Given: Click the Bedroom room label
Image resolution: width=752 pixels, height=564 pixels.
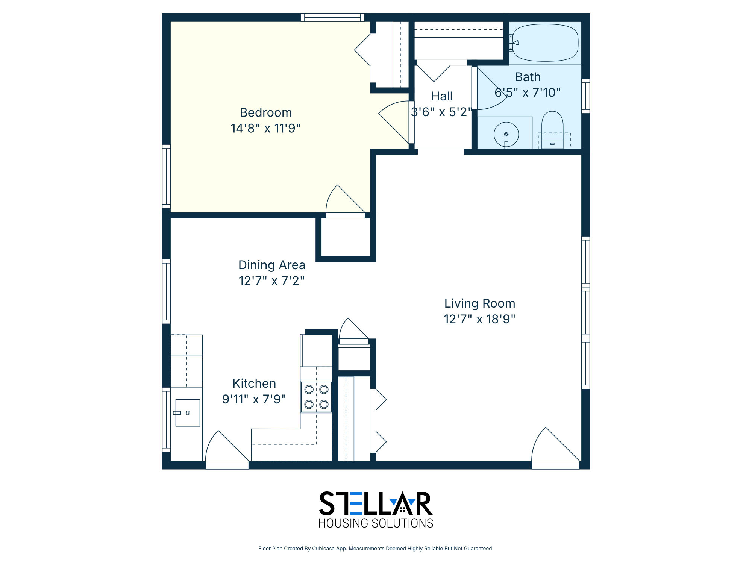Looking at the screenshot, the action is click(266, 112).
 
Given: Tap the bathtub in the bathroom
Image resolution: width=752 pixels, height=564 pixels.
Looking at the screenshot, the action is click(545, 43).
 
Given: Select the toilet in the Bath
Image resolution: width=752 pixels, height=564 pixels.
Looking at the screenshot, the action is click(552, 130).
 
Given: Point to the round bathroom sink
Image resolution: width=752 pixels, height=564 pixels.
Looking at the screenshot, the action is click(506, 134).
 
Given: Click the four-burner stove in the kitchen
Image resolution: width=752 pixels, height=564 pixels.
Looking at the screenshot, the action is click(316, 397).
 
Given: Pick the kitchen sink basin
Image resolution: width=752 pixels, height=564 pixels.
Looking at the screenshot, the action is click(188, 413).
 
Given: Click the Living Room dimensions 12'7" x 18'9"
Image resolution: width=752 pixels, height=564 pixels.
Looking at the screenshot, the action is click(479, 319).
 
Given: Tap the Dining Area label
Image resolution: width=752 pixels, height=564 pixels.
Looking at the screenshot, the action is click(272, 265).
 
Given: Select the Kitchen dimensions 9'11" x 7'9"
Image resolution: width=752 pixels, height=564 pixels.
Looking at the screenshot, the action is click(254, 399).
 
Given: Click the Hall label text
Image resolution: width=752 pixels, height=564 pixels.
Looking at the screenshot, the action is click(442, 96).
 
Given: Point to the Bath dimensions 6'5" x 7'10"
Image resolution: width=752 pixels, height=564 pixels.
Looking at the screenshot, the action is click(528, 92).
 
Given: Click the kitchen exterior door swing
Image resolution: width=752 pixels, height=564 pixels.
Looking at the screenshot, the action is click(227, 446).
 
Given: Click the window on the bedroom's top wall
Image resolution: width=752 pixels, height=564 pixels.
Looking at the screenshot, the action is click(332, 17).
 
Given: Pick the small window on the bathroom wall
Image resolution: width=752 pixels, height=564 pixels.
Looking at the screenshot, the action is click(586, 96).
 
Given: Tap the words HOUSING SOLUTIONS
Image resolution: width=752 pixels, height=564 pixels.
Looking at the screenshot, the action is click(376, 523).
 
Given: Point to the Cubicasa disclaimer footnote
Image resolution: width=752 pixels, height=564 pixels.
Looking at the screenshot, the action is click(376, 549).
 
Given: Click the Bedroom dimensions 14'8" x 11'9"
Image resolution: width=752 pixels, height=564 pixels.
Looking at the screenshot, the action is click(266, 128).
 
